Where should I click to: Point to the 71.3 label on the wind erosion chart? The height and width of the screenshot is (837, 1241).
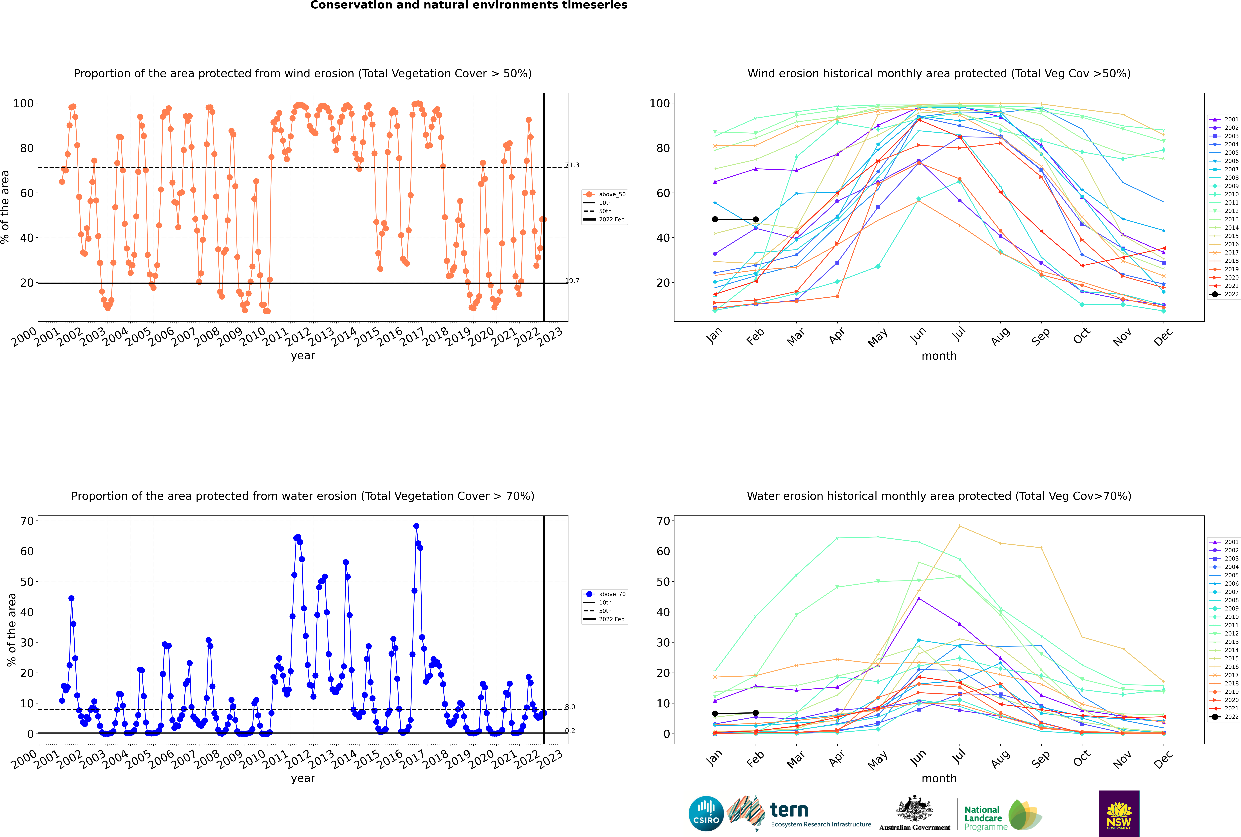(572, 165)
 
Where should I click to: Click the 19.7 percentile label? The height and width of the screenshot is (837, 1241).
(572, 281)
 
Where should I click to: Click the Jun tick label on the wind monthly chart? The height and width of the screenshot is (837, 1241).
(918, 335)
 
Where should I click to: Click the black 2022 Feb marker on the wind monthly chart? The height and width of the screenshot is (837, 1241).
(755, 219)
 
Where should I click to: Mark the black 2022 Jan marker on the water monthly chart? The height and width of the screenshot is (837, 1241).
(715, 714)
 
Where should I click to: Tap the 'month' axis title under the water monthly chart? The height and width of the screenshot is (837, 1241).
(939, 778)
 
